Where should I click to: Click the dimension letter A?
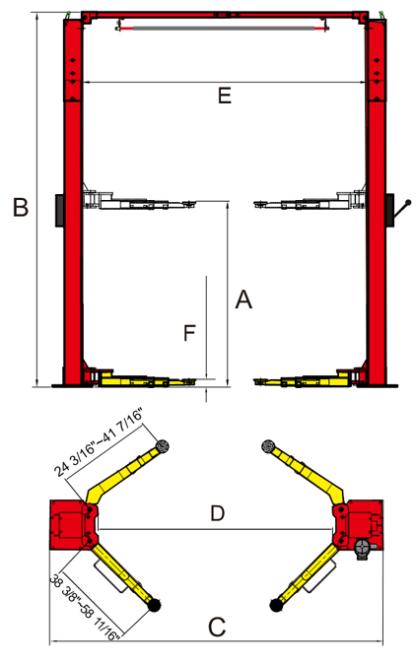[243, 299]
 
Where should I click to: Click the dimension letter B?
[21, 207]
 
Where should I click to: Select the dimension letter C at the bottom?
[217, 627]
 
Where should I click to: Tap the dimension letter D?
[217, 513]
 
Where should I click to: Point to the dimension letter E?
[225, 96]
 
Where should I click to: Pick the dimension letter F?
[189, 333]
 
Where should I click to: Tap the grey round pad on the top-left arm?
[163, 446]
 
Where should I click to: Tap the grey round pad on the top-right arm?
[268, 446]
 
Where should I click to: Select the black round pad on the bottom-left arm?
[154, 605]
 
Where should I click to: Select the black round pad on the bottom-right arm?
[276, 605]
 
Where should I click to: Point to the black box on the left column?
[59, 211]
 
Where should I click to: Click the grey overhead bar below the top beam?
[223, 29]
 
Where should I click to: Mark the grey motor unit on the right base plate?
[363, 549]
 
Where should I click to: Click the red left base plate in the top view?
[67, 525]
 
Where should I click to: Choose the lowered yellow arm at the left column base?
[141, 378]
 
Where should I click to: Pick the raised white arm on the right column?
[310, 202]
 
